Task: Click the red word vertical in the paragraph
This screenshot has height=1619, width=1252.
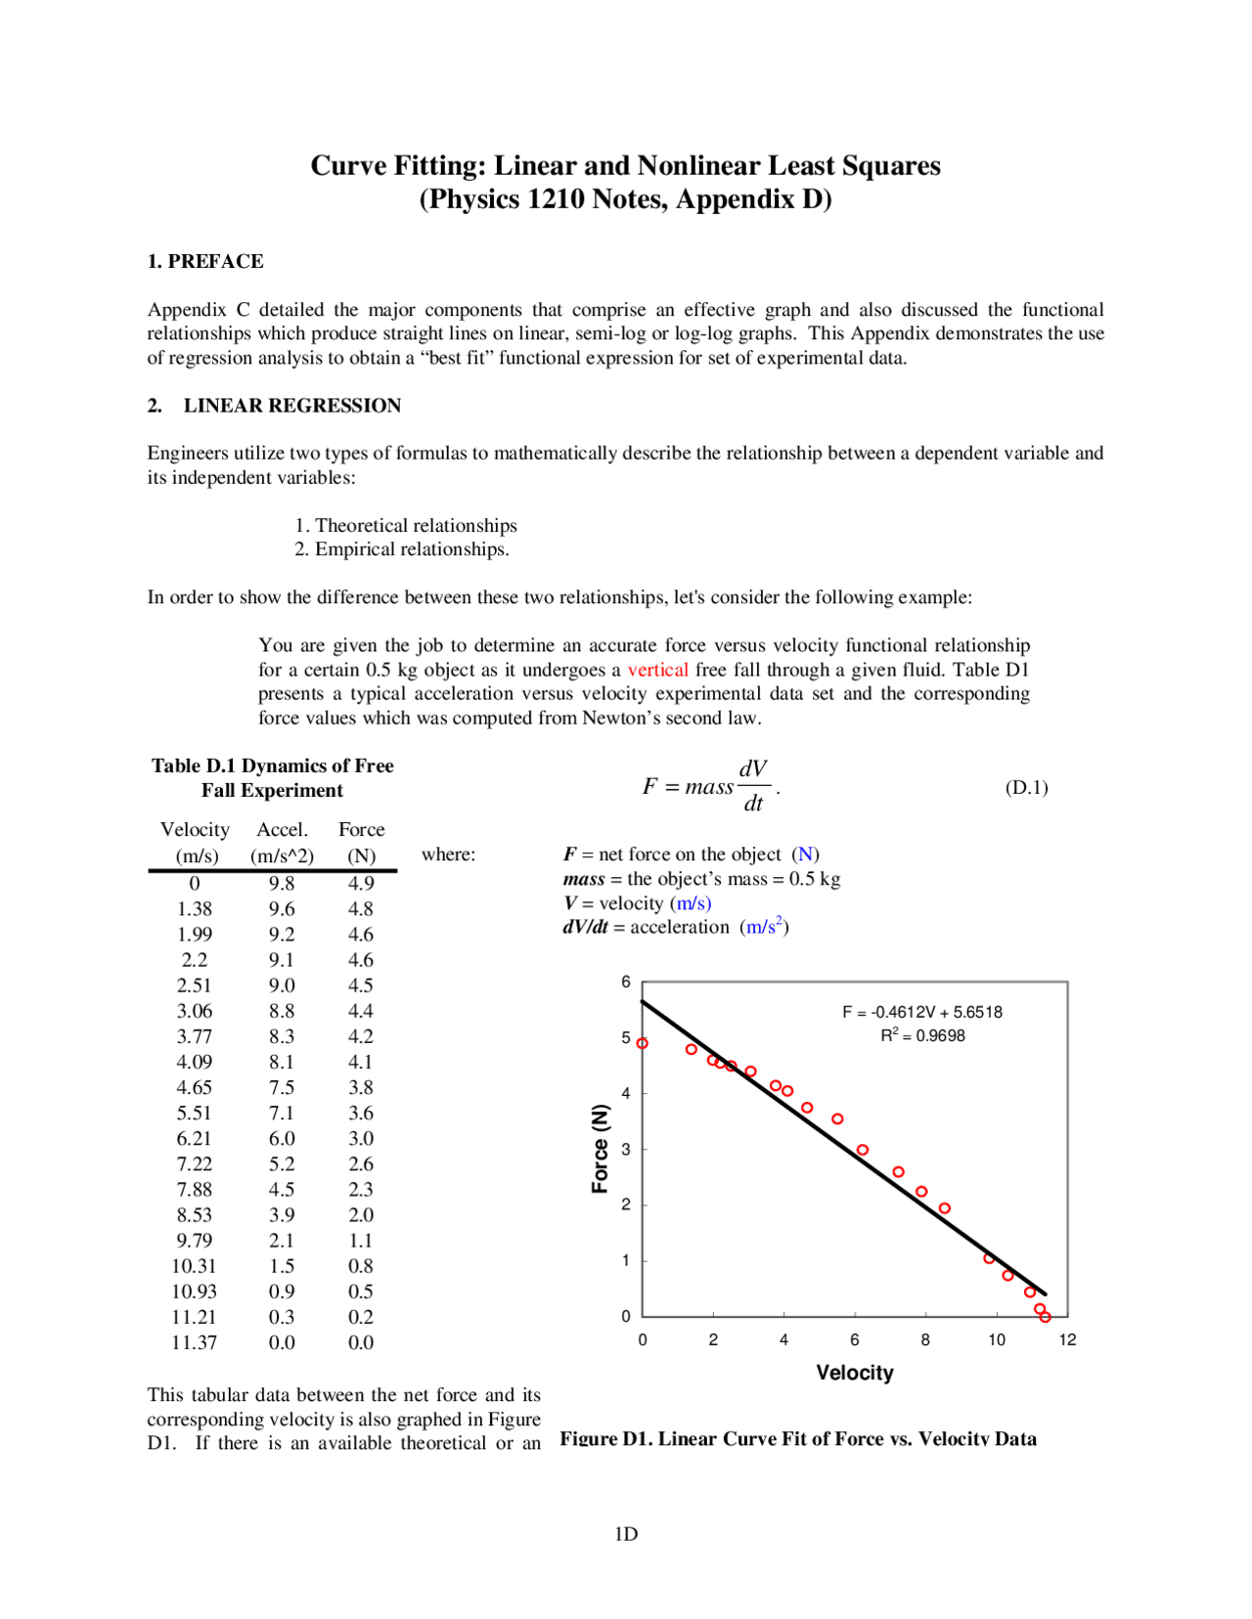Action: coord(657,670)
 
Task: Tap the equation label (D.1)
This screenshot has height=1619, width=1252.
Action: coord(1026,788)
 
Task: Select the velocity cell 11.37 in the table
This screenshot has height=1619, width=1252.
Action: coord(194,1342)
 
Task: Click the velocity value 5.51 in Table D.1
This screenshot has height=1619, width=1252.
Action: coord(194,1113)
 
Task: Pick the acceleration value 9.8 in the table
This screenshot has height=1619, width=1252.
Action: coord(282,883)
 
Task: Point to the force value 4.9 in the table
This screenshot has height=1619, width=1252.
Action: coord(361,883)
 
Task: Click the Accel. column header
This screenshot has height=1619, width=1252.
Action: coord(282,829)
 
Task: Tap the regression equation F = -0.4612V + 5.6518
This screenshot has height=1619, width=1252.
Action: coord(921,1012)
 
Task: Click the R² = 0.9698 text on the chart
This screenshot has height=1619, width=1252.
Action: coord(921,1035)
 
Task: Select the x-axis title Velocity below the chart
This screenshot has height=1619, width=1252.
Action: coord(855,1373)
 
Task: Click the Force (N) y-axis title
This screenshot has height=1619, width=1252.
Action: coord(600,1149)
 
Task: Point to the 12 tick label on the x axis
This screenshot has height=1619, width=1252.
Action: coord(1067,1339)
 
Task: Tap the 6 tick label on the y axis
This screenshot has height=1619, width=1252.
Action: coord(626,982)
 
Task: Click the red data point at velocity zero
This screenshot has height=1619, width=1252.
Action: coord(643,1043)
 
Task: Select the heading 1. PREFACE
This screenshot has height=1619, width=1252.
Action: coord(205,261)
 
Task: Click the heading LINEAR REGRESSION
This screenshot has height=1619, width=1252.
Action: coord(291,406)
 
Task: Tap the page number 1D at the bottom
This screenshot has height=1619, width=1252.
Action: coord(626,1533)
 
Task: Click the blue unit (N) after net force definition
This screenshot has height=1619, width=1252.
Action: coord(805,854)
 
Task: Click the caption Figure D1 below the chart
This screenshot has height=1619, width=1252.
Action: coord(797,1438)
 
